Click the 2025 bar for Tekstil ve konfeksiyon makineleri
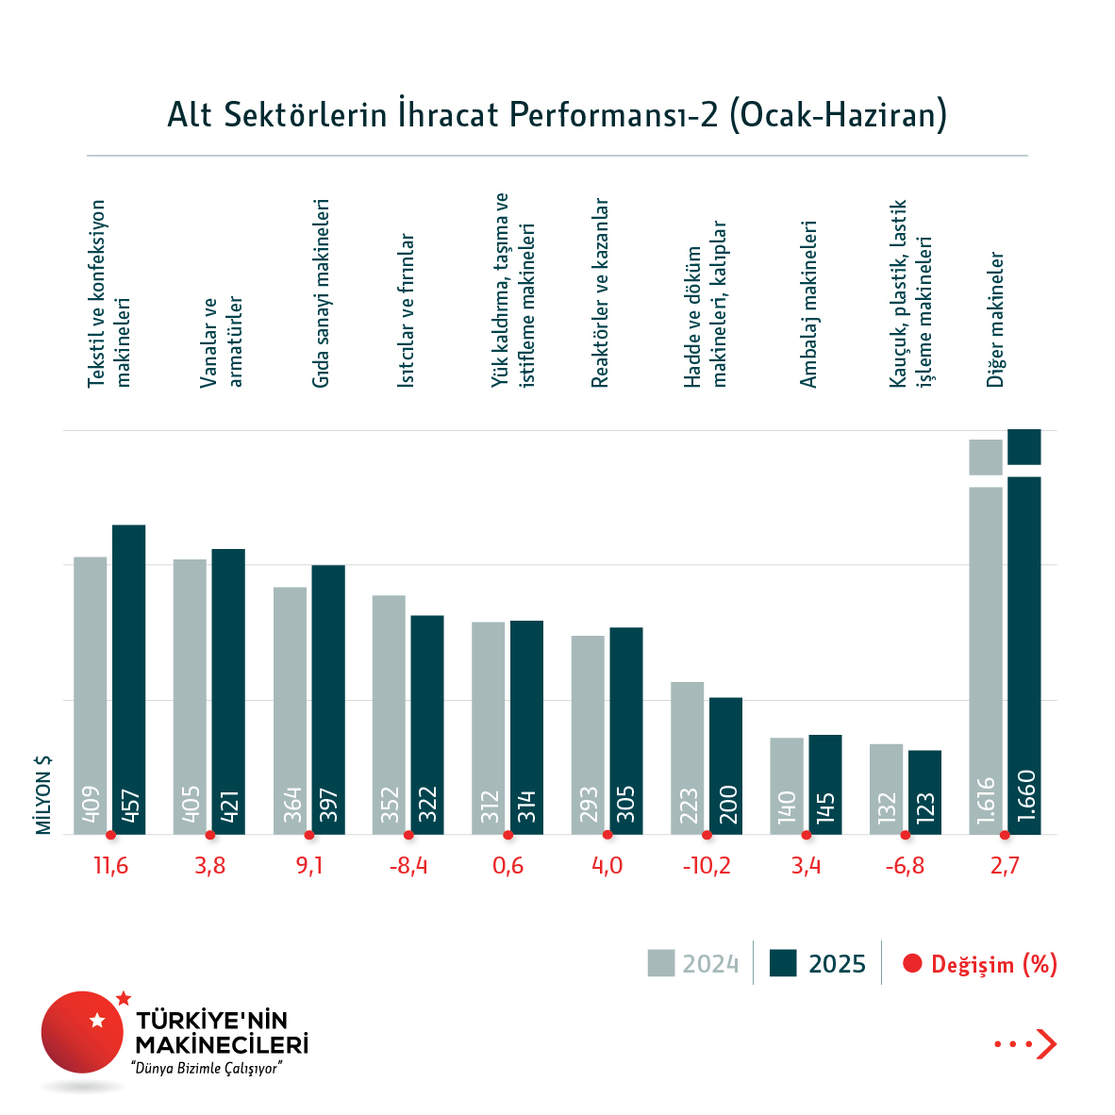129,679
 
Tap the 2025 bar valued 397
328,699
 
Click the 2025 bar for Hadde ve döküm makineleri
725,765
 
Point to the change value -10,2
707,866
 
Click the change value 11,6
110,866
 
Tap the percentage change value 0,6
508,866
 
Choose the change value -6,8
905,866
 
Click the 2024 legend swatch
661,963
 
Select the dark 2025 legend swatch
783,963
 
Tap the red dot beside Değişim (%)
911,964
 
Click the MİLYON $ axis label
43,795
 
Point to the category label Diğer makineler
996,320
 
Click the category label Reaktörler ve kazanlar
600,293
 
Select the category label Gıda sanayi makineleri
322,293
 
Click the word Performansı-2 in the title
614,114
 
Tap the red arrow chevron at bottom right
1046,1044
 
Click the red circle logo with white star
83,1031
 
